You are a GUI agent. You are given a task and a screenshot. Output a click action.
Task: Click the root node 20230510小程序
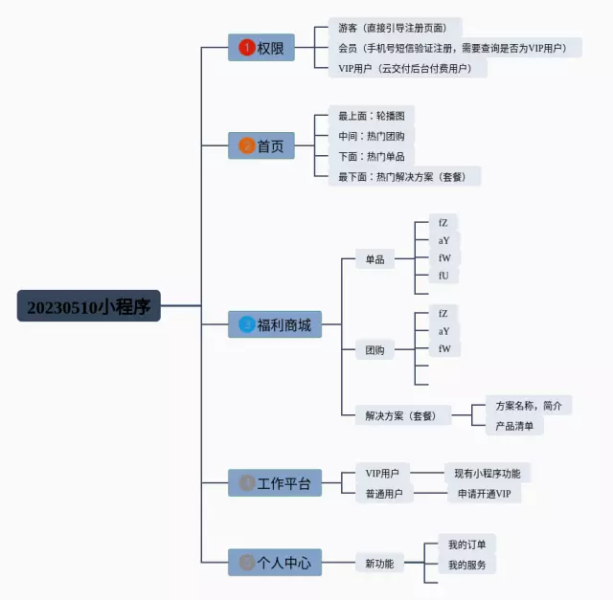pyautogui.click(x=88, y=306)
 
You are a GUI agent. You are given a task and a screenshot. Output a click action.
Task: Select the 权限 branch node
pyautogui.click(x=261, y=48)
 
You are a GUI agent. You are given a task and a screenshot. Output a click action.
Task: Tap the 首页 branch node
pyautogui.click(x=261, y=145)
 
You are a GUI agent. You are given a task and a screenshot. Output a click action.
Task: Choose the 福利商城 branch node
pyautogui.click(x=275, y=324)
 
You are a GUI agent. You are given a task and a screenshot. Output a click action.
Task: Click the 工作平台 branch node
pyautogui.click(x=275, y=483)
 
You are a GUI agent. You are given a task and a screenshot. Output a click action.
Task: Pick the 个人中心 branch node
pyautogui.click(x=275, y=563)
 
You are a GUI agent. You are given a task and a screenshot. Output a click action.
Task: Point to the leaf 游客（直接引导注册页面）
pyautogui.click(x=393, y=28)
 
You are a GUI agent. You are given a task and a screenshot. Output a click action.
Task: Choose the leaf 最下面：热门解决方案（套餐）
pyautogui.click(x=403, y=176)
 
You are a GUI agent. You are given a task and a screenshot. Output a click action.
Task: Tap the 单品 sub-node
pyautogui.click(x=375, y=258)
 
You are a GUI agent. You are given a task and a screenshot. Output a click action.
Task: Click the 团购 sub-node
pyautogui.click(x=375, y=350)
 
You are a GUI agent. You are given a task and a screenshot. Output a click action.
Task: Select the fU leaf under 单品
pyautogui.click(x=443, y=276)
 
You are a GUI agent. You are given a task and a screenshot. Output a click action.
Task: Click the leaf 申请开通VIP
pyautogui.click(x=485, y=494)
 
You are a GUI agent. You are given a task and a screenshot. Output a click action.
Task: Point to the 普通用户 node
pyautogui.click(x=384, y=494)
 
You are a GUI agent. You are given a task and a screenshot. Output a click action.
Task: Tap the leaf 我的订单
pyautogui.click(x=466, y=544)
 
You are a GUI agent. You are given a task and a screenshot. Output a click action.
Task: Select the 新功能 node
pyautogui.click(x=378, y=564)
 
